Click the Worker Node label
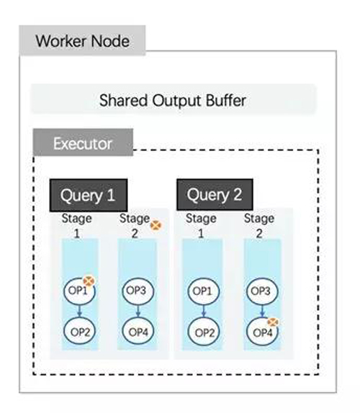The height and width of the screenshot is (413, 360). click(82, 41)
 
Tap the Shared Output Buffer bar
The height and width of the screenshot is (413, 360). click(173, 99)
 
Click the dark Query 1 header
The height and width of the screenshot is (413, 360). click(89, 195)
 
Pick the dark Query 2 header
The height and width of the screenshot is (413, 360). click(215, 195)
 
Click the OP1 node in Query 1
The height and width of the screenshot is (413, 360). click(79, 291)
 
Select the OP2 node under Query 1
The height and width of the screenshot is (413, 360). click(80, 332)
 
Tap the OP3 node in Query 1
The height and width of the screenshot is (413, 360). click(138, 291)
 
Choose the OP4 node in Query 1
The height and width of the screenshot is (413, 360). click(138, 332)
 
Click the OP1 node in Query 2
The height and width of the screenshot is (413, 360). click(204, 291)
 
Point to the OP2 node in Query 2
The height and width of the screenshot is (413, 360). click(204, 332)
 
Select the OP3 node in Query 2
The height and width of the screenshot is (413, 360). click(262, 291)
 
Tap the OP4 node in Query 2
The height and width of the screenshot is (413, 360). click(262, 332)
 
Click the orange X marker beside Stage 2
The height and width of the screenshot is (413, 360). click(156, 225)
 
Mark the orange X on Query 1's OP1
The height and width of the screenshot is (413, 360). click(89, 281)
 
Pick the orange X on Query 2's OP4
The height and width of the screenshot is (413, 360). click(273, 322)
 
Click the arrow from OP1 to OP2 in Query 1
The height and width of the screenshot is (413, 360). click(80, 311)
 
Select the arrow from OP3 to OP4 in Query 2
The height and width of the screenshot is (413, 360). click(262, 312)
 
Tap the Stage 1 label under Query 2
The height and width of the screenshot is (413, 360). click(201, 226)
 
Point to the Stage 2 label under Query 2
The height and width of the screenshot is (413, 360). click(259, 226)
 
